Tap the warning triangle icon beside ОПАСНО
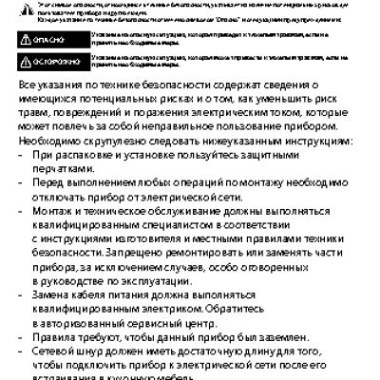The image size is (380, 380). click(26, 38)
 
